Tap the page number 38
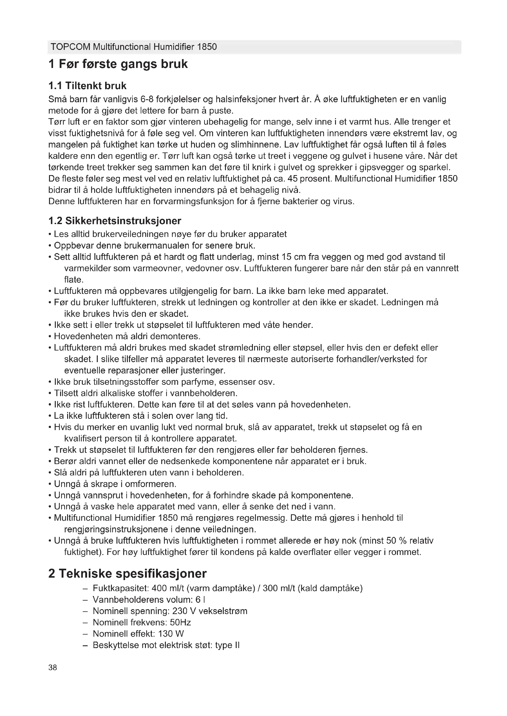(53, 668)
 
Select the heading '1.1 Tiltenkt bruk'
(87, 86)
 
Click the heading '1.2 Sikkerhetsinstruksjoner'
(115, 221)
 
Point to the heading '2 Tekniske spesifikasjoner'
(128, 573)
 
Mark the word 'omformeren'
(151, 484)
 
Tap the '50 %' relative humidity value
(396, 541)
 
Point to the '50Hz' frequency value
(180, 622)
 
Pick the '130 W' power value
(171, 634)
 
